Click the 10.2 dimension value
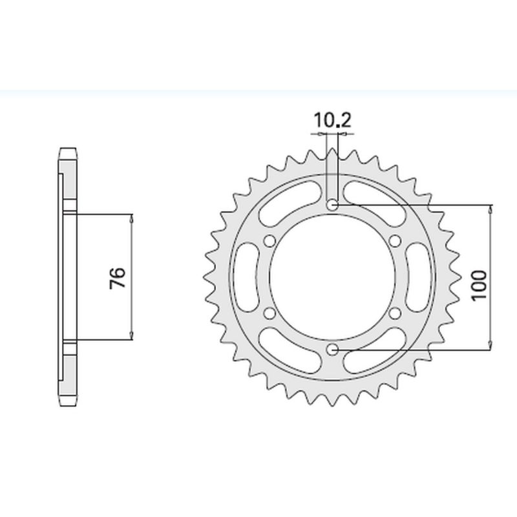click(x=333, y=120)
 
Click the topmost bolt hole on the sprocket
click(x=333, y=205)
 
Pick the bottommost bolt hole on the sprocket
click(x=333, y=349)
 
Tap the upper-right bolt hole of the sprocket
click(x=395, y=241)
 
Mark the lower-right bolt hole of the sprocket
click(x=395, y=313)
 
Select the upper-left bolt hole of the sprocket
click(x=270, y=241)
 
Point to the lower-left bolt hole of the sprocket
click(x=270, y=313)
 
